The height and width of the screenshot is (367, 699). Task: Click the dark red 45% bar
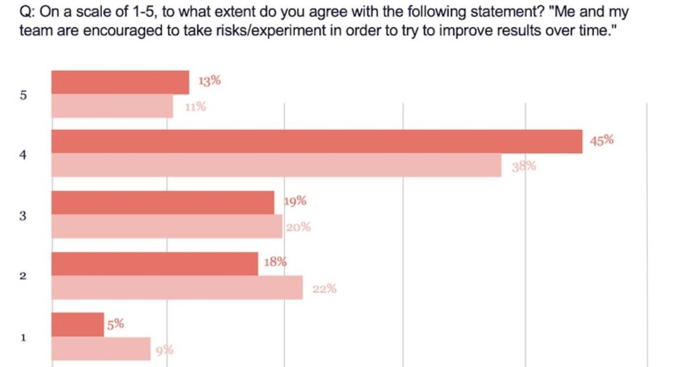point(317,142)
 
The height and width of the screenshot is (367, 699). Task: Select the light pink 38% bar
point(276,165)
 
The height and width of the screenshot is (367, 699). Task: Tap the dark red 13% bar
point(120,82)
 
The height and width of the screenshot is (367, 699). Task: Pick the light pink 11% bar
point(112,106)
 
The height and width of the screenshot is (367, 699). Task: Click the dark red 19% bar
point(163,202)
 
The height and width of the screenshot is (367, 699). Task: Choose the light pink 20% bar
point(167,226)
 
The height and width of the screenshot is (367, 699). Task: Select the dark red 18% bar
point(154,264)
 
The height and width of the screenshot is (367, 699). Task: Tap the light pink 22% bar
point(177,288)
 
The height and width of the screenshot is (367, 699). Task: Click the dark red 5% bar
point(77,324)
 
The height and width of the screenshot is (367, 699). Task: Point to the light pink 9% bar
point(101,348)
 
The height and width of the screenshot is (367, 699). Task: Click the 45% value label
point(602,140)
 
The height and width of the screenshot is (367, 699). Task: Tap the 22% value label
point(324,288)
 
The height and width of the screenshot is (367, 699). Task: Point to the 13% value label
point(210,81)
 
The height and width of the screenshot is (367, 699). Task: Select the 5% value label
point(115,324)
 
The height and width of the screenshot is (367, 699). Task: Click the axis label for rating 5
point(23,95)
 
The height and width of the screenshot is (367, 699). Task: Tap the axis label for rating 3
point(23,216)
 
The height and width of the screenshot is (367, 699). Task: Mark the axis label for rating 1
point(23,337)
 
